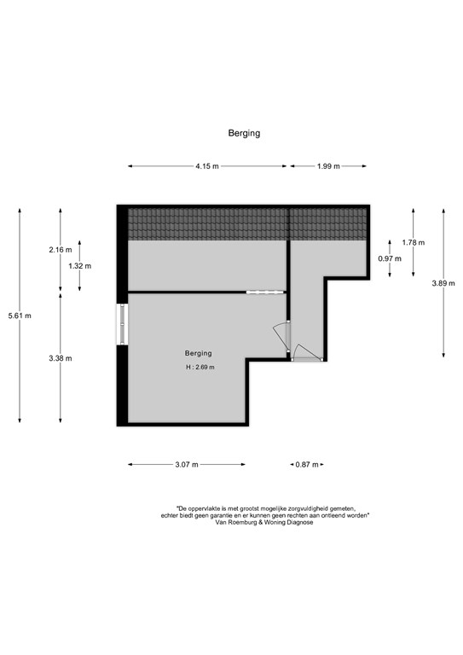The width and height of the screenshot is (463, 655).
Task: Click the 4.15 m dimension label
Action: pos(207,166)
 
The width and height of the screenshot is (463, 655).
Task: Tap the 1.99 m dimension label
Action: pos(328,166)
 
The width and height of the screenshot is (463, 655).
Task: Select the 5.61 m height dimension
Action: pos(20,316)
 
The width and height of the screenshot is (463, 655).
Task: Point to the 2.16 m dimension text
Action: pos(61,250)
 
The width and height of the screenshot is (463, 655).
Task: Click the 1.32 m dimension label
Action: pos(80,266)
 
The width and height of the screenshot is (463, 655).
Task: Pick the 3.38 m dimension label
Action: pos(61,358)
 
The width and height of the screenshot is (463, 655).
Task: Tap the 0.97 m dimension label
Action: pos(390,258)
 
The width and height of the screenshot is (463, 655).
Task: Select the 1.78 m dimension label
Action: pos(414,242)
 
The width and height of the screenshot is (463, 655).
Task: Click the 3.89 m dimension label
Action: pos(443,283)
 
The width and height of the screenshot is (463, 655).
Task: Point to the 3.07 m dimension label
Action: pos(187,465)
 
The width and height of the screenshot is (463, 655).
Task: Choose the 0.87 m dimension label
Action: pos(307,465)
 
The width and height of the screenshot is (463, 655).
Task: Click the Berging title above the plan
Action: pos(244,133)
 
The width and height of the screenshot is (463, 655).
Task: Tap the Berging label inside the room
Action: pos(199,353)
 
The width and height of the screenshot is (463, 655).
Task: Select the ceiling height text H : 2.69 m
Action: pos(200,368)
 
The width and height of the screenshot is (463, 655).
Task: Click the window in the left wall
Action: pos(122,324)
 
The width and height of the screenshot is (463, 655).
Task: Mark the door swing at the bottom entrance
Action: pos(307,353)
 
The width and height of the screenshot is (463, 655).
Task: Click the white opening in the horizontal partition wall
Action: pos(265,292)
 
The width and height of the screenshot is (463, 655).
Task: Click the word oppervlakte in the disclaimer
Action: pos(205,509)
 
